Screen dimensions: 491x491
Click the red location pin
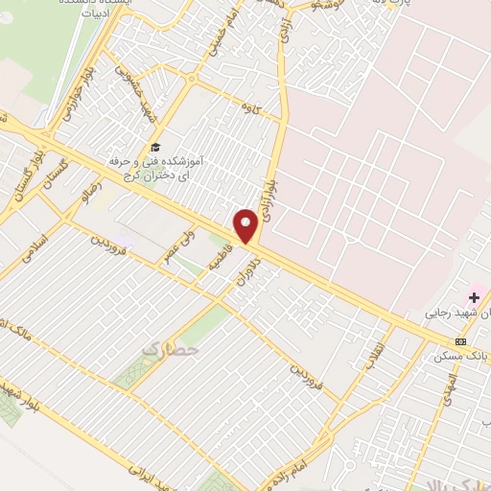tap(246, 225)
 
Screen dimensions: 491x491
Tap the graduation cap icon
tap(154, 147)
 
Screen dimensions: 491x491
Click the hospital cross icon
tap(474, 298)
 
